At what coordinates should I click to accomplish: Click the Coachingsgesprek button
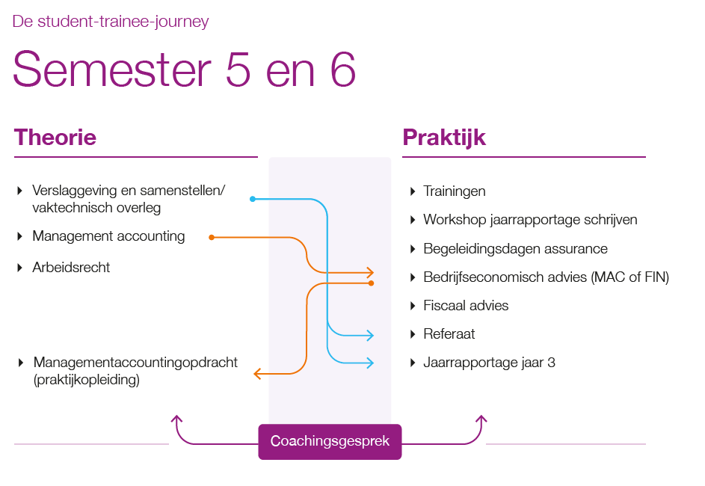tap(330, 441)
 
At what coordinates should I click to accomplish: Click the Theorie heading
tap(55, 138)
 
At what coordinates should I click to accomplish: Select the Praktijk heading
tap(444, 138)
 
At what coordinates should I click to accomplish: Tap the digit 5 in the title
tap(238, 70)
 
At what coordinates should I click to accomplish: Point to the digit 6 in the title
tap(343, 70)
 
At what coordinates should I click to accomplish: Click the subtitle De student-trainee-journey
tap(111, 21)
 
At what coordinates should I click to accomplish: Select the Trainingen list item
tap(454, 191)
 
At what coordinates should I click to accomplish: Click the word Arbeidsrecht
tap(71, 268)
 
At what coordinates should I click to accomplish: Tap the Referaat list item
tap(449, 334)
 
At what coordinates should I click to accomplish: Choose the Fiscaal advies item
tap(466, 306)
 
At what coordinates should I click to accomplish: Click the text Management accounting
tap(108, 236)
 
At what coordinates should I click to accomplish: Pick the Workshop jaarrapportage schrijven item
tap(530, 220)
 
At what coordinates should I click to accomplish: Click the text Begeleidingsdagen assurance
tap(515, 249)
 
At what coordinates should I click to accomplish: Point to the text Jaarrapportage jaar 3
tap(489, 363)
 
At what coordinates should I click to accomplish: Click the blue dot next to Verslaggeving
tap(253, 199)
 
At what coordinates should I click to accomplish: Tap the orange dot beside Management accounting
tap(212, 237)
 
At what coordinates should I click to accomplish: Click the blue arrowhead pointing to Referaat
tap(370, 336)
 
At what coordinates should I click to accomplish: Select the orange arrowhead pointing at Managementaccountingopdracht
tap(258, 374)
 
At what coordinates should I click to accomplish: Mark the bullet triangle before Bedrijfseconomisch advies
tap(413, 277)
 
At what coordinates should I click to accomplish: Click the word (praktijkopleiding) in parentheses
tap(86, 380)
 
